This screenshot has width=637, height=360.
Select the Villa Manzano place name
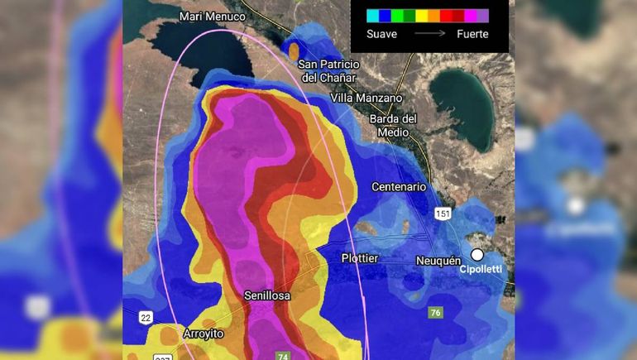[366, 98]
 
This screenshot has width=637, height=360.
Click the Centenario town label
[399, 186]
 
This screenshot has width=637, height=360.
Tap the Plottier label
[360, 258]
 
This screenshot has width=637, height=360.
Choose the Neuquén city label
[438, 261]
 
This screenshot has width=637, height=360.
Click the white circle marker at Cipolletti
[477, 255]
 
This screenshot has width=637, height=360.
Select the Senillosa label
[266, 295]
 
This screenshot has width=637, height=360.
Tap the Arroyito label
[204, 333]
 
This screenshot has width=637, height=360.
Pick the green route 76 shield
[436, 313]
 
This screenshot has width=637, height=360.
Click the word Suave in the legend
[382, 34]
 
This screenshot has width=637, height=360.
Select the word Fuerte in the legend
[472, 34]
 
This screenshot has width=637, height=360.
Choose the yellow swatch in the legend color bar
[421, 15]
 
